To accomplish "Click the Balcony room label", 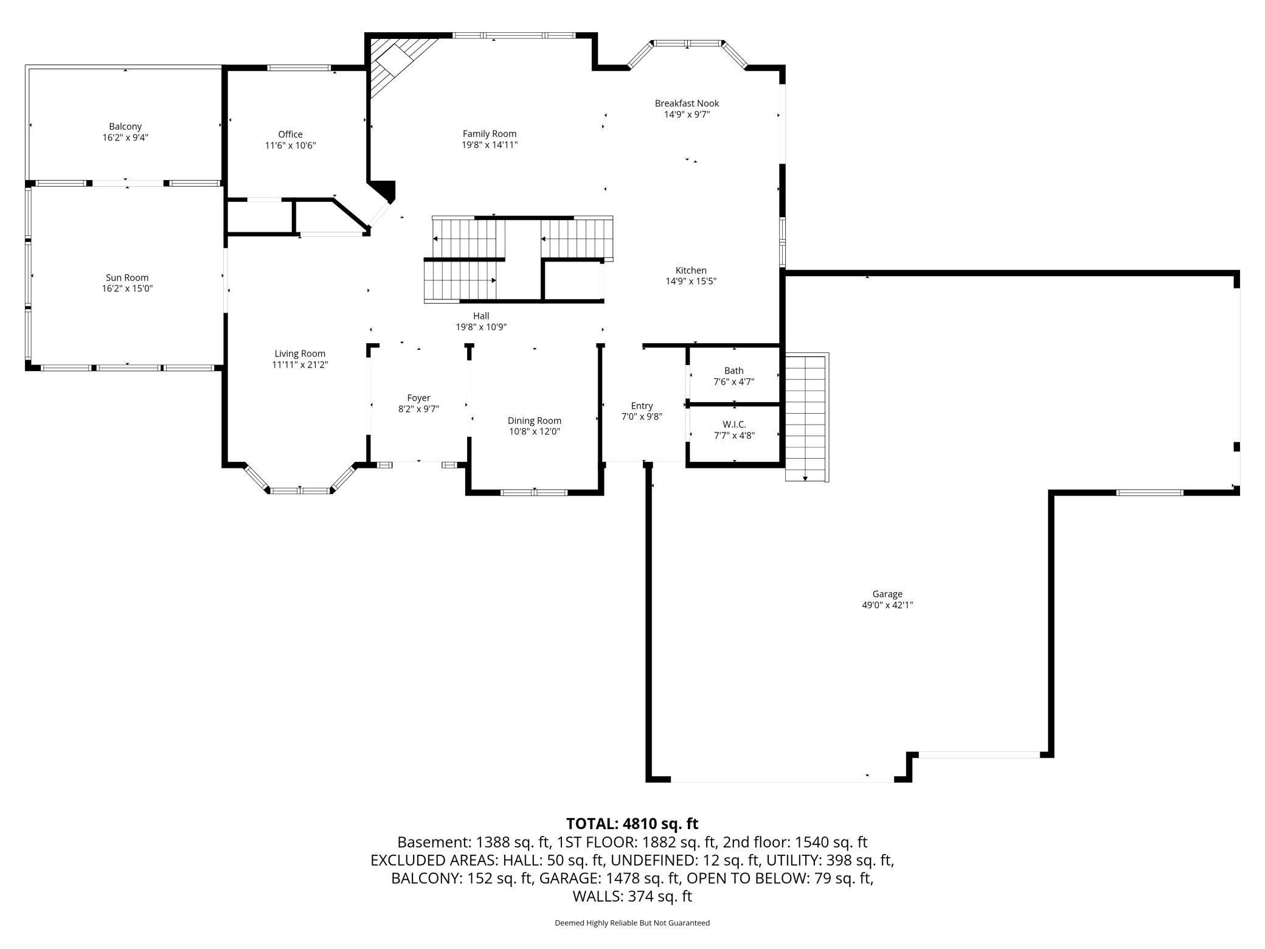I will tap(125, 127).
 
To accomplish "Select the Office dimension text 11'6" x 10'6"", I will tap(290, 145).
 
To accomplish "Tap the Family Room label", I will tap(489, 134).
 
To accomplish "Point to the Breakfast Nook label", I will tap(687, 103).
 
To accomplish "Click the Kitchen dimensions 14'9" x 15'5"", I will tap(691, 282).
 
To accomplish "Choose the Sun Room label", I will tap(127, 277).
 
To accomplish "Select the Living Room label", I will tap(300, 353).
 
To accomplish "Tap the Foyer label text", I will tap(418, 398).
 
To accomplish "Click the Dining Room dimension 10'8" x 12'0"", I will tap(534, 432).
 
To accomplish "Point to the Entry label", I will tap(642, 406).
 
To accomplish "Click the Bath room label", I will tap(733, 370).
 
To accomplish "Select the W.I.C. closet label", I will tap(734, 424).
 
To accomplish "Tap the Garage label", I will tap(887, 594).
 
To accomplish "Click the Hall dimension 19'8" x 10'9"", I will tap(481, 327).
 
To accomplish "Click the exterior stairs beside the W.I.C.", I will tap(806, 417).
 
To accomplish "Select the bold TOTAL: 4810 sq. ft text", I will tap(632, 824).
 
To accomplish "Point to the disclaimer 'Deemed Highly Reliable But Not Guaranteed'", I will tap(632, 923).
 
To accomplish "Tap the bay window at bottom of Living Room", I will tap(300, 490).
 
